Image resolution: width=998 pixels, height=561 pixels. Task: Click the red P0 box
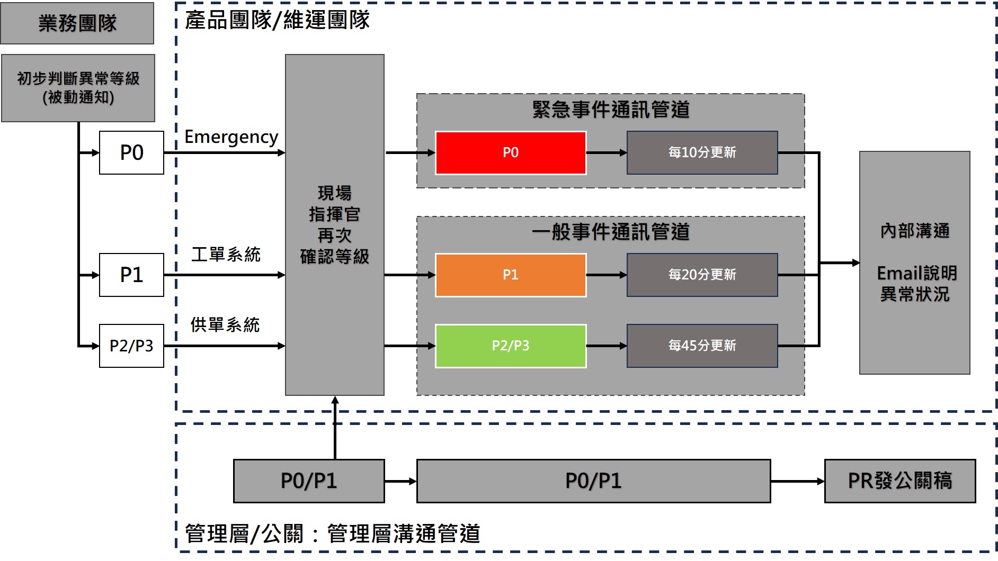510,152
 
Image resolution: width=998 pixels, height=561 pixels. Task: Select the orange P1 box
510,275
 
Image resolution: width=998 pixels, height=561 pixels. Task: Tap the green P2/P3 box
510,346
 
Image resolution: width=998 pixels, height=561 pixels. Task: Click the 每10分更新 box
702,152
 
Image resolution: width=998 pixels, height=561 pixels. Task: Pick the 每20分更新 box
702,275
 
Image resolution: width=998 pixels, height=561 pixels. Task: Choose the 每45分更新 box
702,346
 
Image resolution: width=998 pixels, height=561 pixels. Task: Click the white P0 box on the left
131,152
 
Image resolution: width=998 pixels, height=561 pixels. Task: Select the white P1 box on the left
131,275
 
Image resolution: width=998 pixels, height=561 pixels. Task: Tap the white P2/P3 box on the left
131,346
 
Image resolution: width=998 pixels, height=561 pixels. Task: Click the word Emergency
231,137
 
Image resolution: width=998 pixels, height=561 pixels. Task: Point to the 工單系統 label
226,255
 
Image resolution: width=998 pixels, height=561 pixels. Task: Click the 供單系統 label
225,324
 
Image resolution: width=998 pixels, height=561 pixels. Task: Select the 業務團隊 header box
77,23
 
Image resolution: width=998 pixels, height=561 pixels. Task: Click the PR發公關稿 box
899,481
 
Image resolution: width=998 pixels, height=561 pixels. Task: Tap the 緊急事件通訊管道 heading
611,110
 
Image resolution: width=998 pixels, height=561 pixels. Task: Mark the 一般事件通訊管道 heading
611,232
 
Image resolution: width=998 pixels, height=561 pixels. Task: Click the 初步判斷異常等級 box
78,88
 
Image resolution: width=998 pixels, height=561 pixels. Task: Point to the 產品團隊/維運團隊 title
277,20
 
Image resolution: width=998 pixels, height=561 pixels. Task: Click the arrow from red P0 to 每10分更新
606,152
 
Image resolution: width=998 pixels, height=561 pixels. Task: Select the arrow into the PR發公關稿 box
797,481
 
